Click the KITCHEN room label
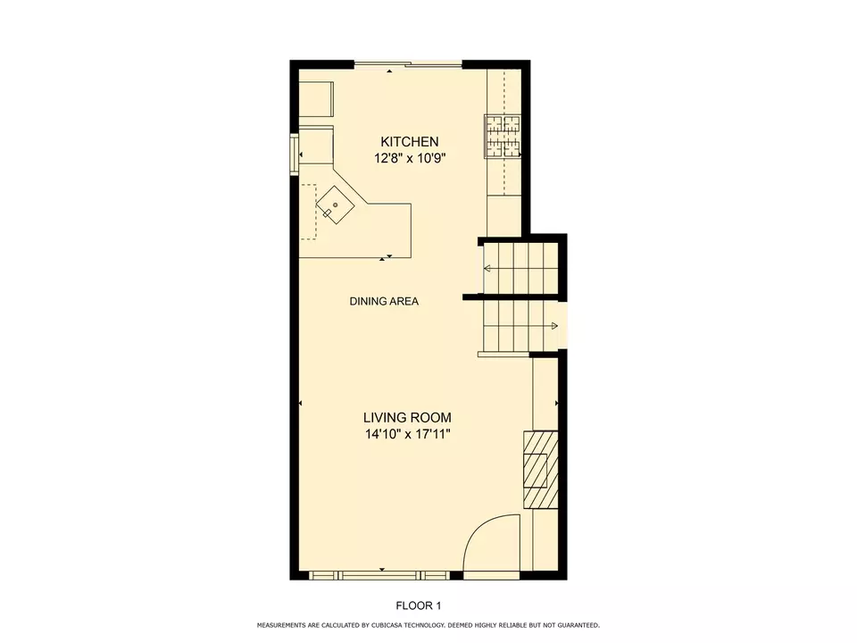[410, 141]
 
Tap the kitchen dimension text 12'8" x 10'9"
[410, 158]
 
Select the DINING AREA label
[384, 301]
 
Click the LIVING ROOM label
[407, 417]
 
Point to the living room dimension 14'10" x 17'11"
[407, 435]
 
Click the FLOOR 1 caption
[419, 605]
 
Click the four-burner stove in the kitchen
[503, 136]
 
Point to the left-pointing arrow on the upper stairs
[487, 268]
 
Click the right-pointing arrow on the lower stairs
[554, 326]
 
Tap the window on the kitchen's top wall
[409, 64]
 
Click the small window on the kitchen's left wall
[294, 153]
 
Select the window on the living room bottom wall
[378, 574]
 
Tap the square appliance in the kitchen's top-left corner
[315, 99]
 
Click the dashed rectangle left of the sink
[309, 212]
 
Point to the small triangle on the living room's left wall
[302, 405]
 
